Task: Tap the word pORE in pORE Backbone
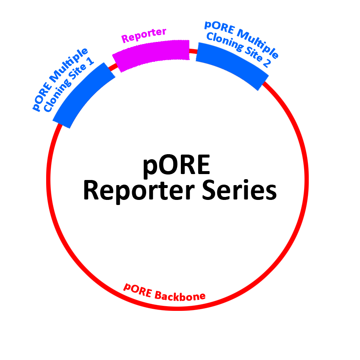pos(137,290)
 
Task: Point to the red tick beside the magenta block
pos(113,66)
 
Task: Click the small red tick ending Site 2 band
pos(266,86)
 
